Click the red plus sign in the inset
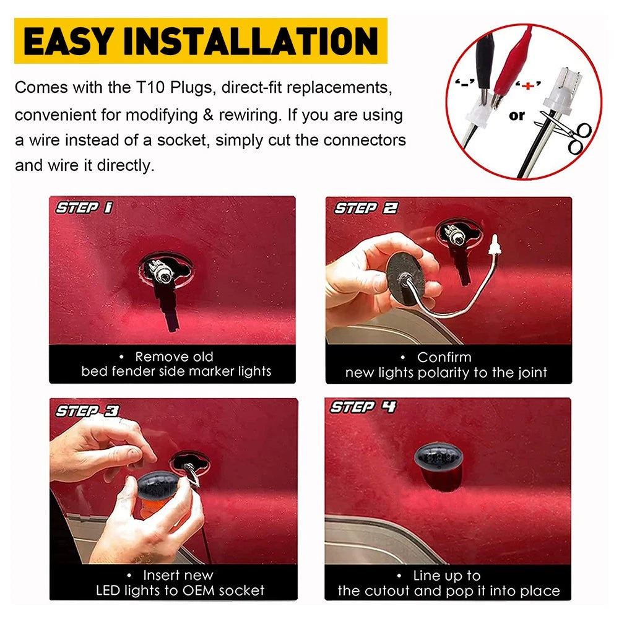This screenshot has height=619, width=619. click(527, 85)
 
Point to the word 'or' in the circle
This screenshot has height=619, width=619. click(517, 116)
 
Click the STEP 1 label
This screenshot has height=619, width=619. click(84, 207)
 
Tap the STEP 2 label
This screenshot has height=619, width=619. click(366, 208)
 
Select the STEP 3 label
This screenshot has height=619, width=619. click(87, 411)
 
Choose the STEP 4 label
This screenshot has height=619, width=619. click(363, 407)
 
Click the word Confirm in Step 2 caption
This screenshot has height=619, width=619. click(444, 357)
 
